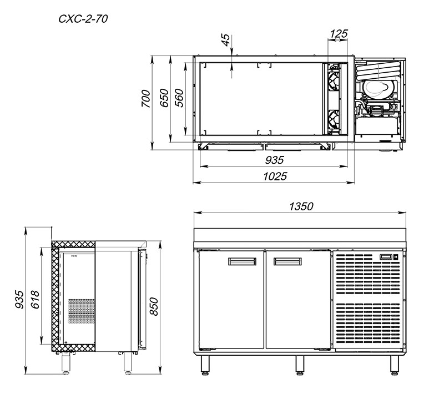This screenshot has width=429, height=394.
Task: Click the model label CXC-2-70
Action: coord(83,19)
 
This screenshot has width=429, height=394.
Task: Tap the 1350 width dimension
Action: coord(301,206)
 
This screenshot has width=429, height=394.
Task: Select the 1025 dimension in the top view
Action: coord(275,176)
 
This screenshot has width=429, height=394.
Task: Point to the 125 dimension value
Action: coord(339,34)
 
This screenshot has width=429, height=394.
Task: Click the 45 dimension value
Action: coord(226,40)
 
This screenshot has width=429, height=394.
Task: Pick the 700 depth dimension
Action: coord(146,99)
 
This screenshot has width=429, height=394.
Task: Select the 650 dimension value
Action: coord(164,98)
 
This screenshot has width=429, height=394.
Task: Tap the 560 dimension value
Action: coord(179,98)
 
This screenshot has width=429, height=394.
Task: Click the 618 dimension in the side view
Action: coord(35,300)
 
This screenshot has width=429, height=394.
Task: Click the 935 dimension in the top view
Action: coord(274,160)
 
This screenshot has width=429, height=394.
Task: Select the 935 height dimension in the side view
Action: coord(19,300)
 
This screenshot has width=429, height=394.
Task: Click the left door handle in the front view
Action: coord(242,261)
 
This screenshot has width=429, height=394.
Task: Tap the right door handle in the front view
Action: coord(287,261)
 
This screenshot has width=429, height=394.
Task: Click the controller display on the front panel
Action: coord(386,257)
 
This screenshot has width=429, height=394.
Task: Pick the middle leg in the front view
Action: coord(300,365)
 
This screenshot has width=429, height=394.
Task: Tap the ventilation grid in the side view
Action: coord(81,311)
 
